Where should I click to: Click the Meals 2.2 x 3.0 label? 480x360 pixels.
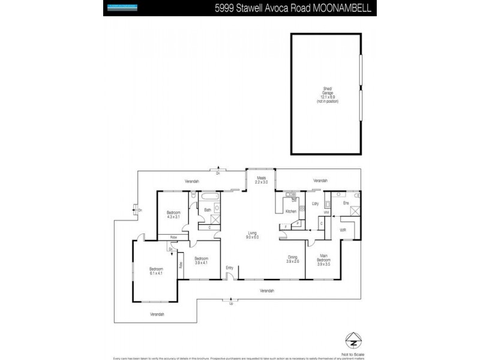click(261, 180)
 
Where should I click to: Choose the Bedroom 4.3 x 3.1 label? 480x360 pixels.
click(173, 215)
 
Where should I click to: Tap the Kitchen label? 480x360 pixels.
click(291, 212)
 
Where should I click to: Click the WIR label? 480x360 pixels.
click(343, 229)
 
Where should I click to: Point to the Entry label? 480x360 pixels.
click(229, 268)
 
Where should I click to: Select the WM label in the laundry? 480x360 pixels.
click(326, 212)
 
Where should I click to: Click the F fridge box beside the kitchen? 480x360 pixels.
click(298, 223)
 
